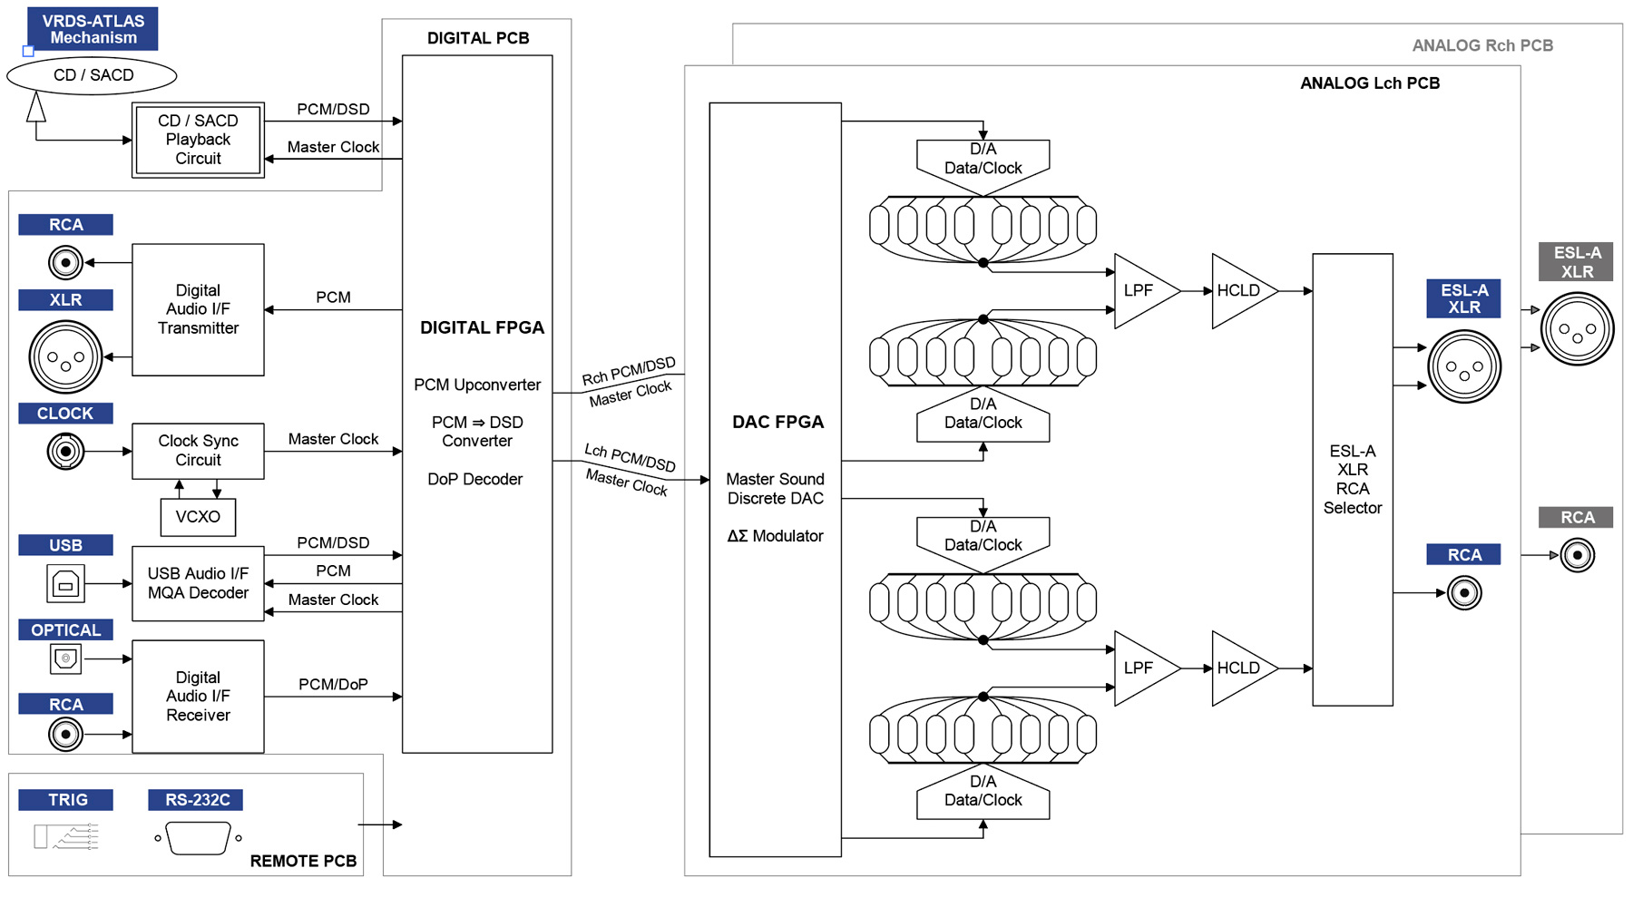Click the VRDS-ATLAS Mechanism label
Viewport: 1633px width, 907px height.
pos(93,29)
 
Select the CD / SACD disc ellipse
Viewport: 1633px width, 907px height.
pos(93,75)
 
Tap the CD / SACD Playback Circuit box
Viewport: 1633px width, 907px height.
pos(198,140)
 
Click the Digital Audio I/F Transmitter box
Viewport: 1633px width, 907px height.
pos(198,309)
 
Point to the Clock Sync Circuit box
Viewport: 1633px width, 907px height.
pos(198,451)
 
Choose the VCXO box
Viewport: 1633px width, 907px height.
pos(198,517)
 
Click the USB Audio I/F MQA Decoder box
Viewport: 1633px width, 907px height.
pos(198,583)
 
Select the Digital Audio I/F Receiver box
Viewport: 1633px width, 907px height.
pos(198,697)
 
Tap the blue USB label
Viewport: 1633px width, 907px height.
pos(65,545)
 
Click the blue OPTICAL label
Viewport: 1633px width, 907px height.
pos(65,630)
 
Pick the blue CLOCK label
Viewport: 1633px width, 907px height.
pos(65,414)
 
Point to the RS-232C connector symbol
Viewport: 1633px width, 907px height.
pos(198,838)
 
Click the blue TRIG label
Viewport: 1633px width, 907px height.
pos(67,800)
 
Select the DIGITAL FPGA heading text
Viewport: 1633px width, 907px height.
pos(482,328)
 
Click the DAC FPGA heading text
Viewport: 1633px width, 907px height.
pos(777,423)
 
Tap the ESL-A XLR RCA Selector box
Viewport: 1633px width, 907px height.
pos(1352,479)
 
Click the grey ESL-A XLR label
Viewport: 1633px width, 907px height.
pos(1576,262)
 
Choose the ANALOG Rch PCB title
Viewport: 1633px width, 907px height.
pos(1482,45)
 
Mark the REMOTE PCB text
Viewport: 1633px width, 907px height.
pos(303,861)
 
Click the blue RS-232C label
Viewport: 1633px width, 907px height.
pos(196,800)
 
